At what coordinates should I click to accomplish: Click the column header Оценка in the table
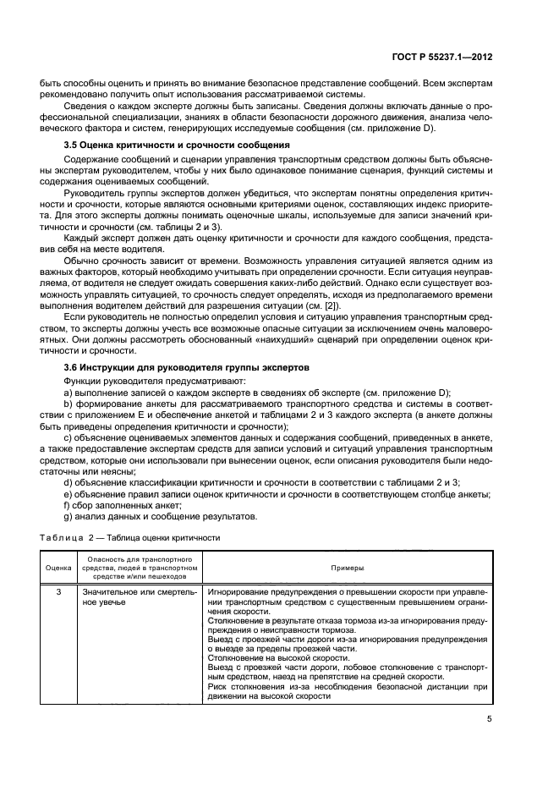[x=58, y=568]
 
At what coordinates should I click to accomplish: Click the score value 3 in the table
[x=58, y=591]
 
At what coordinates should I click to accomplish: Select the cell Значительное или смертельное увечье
[x=138, y=596]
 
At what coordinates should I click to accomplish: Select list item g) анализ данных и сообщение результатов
[x=154, y=517]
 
